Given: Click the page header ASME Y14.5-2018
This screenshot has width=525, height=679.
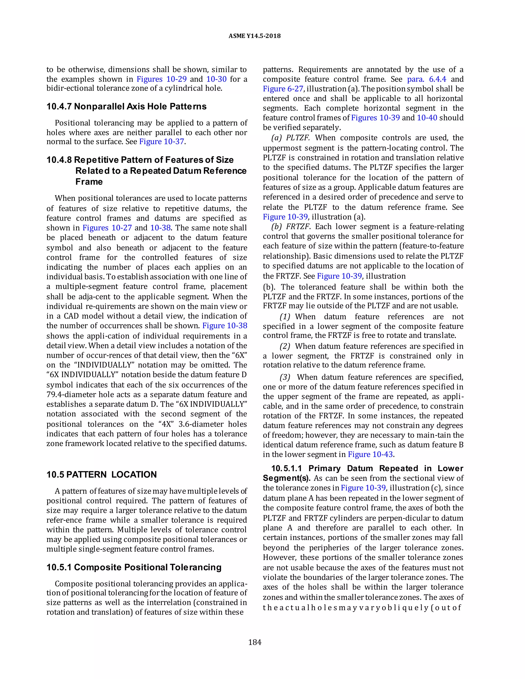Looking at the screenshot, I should coord(254,36).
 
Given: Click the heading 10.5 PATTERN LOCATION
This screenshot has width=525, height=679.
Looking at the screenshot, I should coord(102,475).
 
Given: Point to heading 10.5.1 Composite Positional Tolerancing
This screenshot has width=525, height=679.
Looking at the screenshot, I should coord(134,567).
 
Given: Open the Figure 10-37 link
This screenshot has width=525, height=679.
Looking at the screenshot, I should coord(161,142).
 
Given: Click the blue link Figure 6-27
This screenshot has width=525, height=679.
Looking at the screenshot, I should coord(283,89).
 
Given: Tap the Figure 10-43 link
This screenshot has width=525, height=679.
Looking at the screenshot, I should coord(370,454).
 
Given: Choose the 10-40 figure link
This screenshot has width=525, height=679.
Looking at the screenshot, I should coord(427,118).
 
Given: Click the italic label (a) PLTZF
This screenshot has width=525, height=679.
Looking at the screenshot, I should coord(290,138).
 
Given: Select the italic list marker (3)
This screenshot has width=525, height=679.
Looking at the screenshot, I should coord(285,377).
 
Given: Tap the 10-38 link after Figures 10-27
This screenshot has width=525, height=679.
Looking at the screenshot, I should coord(160,228).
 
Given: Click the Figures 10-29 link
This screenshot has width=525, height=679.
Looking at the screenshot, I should coord(161,79).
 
